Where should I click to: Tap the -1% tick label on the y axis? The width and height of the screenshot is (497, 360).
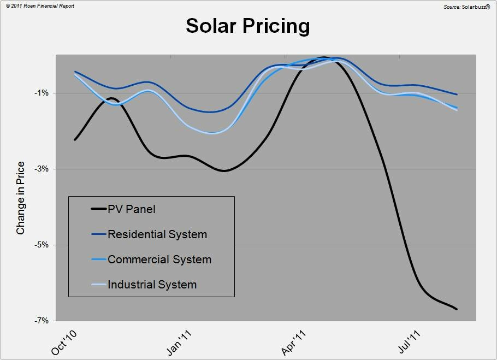point(42,93)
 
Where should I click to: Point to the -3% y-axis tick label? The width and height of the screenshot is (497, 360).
point(42,169)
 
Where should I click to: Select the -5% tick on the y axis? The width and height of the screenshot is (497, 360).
point(42,245)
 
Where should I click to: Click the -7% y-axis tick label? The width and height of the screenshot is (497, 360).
point(42,320)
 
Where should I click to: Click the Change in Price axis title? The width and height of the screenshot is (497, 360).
point(21,198)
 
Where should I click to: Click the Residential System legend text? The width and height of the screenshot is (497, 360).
point(157,234)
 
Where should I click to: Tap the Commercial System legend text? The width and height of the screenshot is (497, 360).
point(159,259)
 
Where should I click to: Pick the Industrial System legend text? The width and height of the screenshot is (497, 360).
point(152,285)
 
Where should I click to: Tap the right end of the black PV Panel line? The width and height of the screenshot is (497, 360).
point(457,309)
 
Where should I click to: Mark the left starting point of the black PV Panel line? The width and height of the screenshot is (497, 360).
point(75,140)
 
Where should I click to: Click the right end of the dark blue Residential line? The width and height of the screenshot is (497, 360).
point(457,95)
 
